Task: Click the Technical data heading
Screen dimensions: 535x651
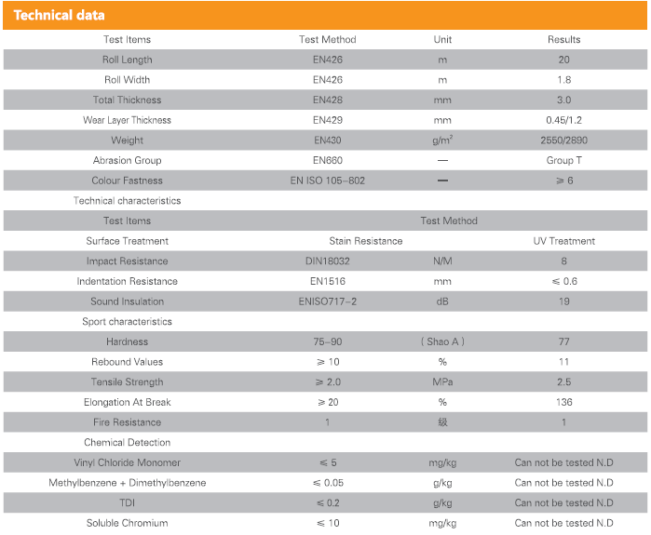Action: click(x=59, y=15)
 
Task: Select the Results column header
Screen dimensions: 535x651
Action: click(x=563, y=40)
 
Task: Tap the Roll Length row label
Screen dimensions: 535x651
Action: click(x=127, y=60)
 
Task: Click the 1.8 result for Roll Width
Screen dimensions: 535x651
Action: click(x=563, y=80)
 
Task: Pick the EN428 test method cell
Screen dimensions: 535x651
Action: click(x=328, y=100)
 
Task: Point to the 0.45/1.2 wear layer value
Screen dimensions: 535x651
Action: click(x=563, y=121)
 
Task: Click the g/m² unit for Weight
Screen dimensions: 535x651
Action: click(x=442, y=140)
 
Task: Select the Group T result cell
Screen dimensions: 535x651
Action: click(x=563, y=161)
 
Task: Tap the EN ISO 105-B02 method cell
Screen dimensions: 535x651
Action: click(x=328, y=181)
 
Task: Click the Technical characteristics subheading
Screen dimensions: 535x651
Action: click(x=127, y=201)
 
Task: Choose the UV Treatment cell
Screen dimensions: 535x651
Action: click(x=563, y=241)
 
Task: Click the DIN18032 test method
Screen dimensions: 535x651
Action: click(x=328, y=261)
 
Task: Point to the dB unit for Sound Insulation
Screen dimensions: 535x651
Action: click(x=442, y=301)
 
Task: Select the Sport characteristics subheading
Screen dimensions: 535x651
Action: click(x=127, y=322)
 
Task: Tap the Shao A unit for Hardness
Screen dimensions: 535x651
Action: click(x=442, y=342)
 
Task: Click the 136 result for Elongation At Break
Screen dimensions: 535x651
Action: click(x=563, y=403)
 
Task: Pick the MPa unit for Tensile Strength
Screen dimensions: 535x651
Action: click(x=442, y=382)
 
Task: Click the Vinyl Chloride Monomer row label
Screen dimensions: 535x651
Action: click(x=127, y=462)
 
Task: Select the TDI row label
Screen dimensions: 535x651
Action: click(x=127, y=503)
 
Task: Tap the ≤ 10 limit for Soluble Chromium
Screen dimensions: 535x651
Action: click(x=328, y=524)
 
